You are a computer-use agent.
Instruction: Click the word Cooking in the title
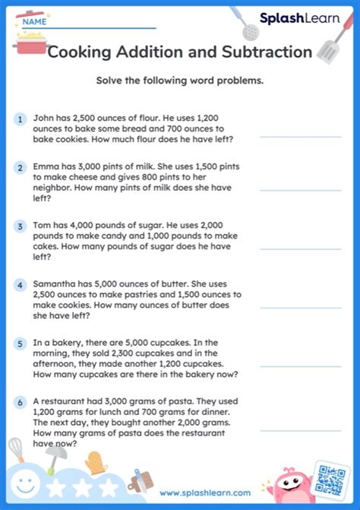83,52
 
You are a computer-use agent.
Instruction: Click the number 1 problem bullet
19,119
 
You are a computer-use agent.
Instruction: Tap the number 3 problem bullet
19,226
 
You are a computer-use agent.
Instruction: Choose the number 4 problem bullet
19,285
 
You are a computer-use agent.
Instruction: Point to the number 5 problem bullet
19,344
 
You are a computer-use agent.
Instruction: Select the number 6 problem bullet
19,402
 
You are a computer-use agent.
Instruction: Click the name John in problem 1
44,119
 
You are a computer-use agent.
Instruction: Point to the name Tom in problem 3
43,226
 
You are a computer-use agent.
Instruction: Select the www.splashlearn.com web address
205,493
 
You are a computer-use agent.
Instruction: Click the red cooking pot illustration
29,38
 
